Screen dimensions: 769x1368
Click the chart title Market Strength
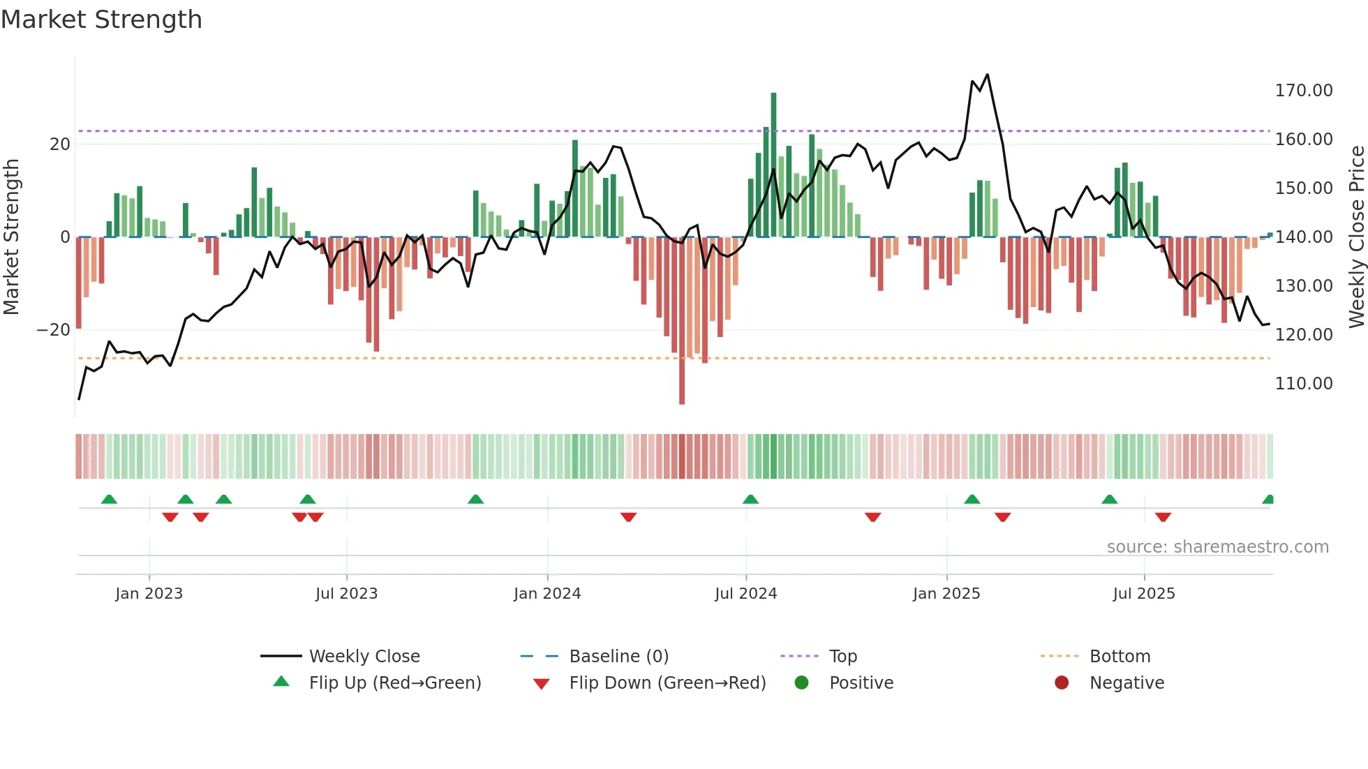pos(101,20)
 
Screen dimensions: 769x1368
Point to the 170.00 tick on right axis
pos(1303,91)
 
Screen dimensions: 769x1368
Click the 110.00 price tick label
pos(1303,384)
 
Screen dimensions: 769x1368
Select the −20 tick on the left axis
pos(54,330)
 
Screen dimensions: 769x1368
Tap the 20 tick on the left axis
pos(60,144)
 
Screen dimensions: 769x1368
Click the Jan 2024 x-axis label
pos(547,594)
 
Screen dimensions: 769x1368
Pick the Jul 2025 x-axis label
pos(1144,594)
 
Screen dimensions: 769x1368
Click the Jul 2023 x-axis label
pos(346,594)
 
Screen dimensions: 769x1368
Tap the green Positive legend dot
pos(801,683)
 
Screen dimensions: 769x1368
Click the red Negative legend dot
pos(1062,683)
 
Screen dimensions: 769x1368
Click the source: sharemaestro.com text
pos(1217,547)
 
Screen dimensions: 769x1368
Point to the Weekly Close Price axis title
pos(1356,237)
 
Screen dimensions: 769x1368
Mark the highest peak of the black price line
pos(987,75)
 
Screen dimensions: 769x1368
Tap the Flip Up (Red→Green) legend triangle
pos(281,682)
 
